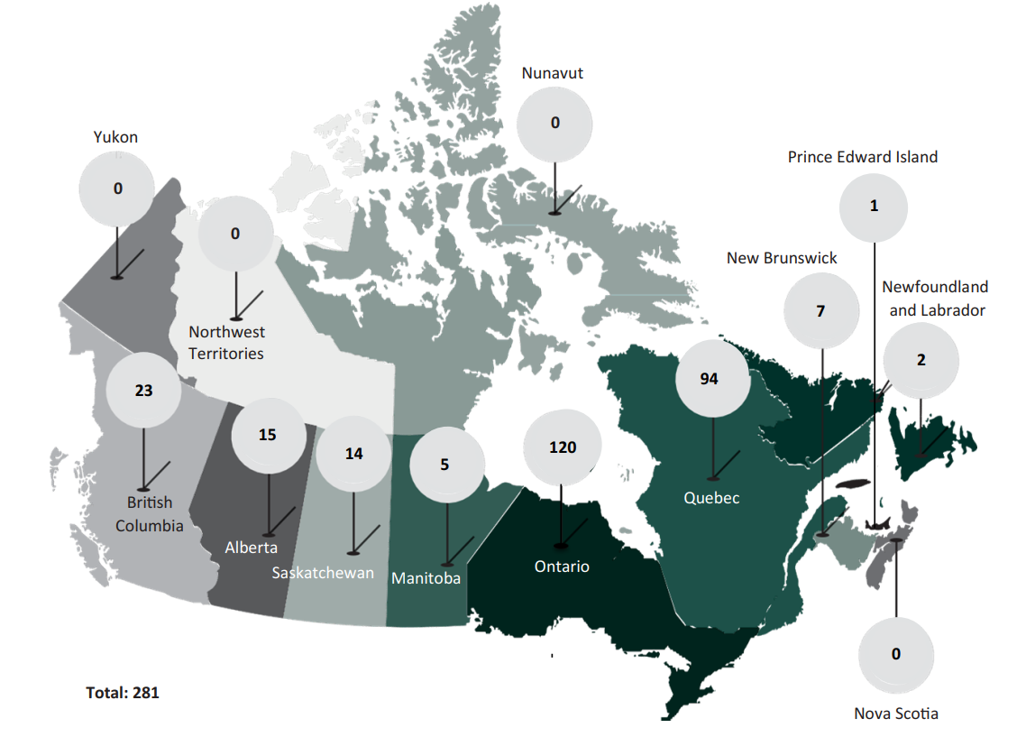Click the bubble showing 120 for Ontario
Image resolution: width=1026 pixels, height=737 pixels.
click(x=562, y=447)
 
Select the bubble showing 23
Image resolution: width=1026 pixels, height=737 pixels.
click(x=143, y=392)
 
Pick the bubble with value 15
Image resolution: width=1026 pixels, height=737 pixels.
click(x=268, y=435)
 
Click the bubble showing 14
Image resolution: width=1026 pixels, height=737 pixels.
click(x=353, y=454)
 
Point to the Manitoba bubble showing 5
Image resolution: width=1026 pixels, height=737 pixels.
click(x=445, y=465)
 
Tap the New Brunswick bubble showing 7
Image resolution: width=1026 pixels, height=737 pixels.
click(x=820, y=311)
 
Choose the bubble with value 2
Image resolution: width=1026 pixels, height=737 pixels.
click(x=921, y=360)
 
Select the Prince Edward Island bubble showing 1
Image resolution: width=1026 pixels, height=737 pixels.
click(x=873, y=207)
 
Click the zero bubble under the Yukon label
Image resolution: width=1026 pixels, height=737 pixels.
click(x=117, y=189)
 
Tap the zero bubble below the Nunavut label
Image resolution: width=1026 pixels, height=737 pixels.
click(x=555, y=124)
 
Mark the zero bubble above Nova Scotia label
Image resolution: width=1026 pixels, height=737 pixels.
click(x=895, y=654)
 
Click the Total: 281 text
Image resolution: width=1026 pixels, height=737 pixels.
click(x=123, y=693)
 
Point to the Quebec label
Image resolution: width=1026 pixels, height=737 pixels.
click(x=711, y=497)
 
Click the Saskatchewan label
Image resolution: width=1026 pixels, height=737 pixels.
click(x=323, y=573)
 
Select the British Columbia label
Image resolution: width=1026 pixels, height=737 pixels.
click(x=150, y=514)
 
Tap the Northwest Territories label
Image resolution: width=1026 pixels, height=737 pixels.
click(x=226, y=343)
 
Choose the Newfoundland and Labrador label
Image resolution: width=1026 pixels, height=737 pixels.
click(x=935, y=299)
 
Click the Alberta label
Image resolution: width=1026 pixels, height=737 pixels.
click(x=252, y=548)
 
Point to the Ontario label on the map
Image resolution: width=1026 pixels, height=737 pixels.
click(x=562, y=567)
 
